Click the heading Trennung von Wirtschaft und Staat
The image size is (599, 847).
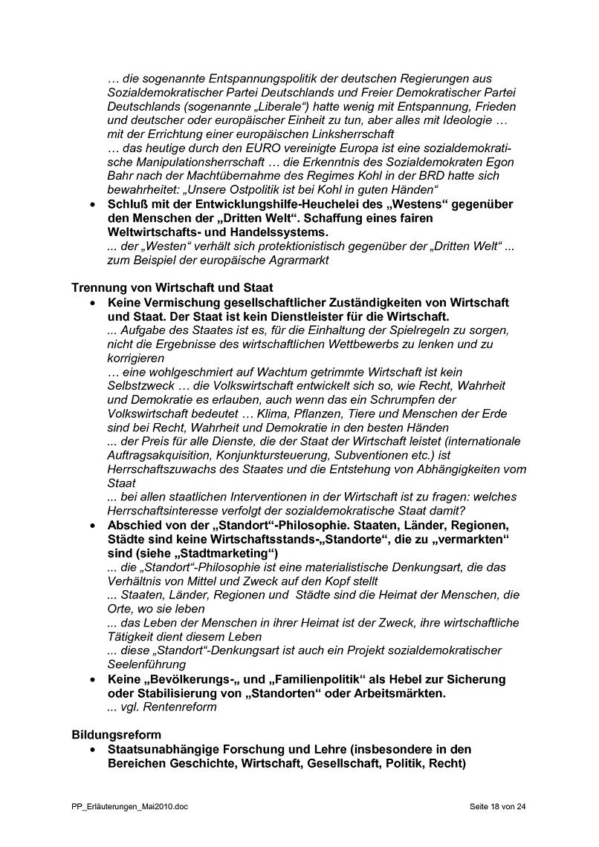click(172, 288)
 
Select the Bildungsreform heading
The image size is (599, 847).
click(116, 735)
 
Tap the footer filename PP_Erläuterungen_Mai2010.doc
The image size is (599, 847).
click(130, 806)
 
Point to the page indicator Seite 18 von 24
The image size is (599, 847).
click(498, 806)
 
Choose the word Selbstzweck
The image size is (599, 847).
click(141, 386)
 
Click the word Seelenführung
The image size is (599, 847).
click(146, 664)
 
